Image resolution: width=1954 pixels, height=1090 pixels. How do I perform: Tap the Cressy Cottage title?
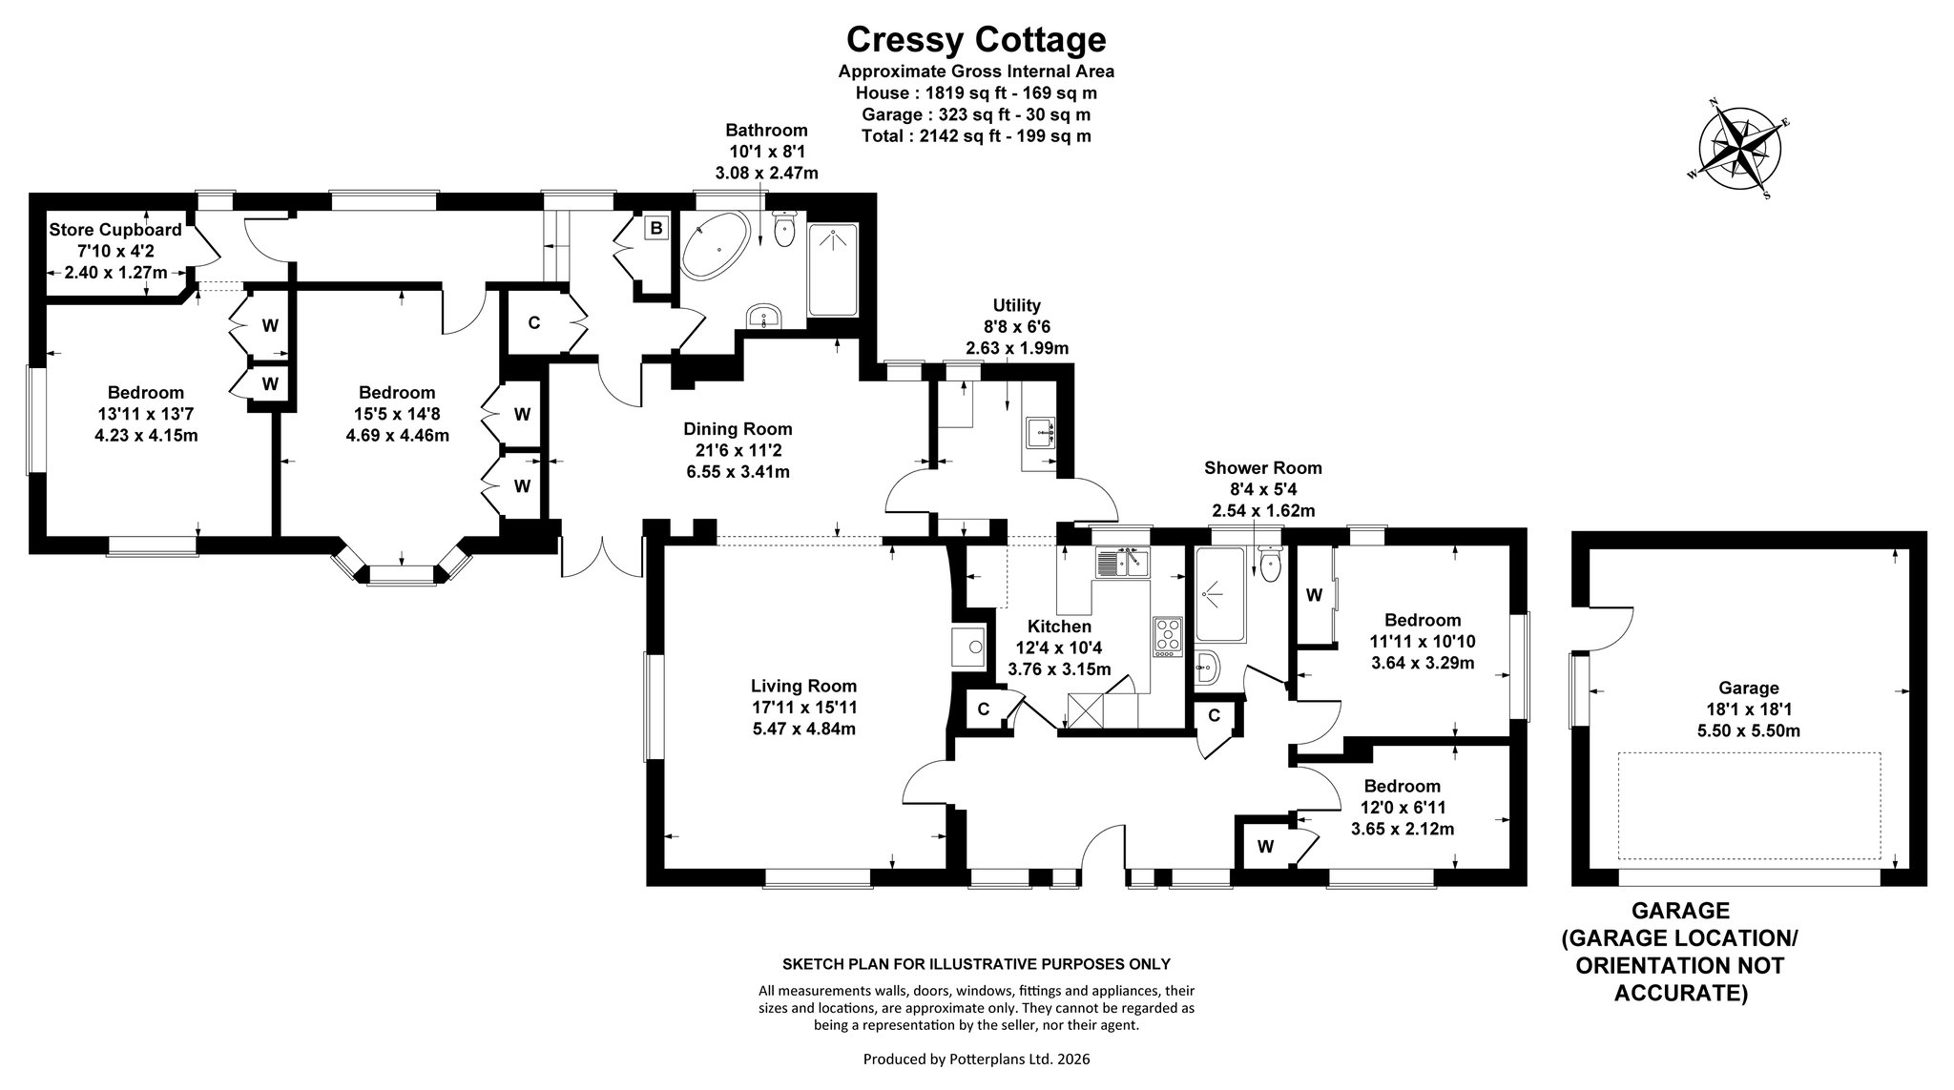[x=976, y=39]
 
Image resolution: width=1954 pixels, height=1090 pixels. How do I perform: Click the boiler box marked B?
[x=655, y=229]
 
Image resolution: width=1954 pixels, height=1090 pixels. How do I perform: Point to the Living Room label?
[x=803, y=686]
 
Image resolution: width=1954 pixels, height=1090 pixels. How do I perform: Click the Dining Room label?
[x=738, y=429]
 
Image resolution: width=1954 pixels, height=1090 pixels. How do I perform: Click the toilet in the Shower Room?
[x=1270, y=565]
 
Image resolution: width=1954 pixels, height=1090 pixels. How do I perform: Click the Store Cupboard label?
[x=114, y=230]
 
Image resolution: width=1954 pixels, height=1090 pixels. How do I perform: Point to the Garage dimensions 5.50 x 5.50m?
[x=1749, y=730]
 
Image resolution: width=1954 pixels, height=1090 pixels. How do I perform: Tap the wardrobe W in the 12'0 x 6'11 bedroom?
[x=1266, y=845]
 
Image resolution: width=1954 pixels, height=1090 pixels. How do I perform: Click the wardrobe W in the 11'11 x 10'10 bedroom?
[x=1315, y=596]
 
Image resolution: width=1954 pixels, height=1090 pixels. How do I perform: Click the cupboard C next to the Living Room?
[x=982, y=710]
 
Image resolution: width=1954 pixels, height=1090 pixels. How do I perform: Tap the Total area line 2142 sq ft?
[x=976, y=136]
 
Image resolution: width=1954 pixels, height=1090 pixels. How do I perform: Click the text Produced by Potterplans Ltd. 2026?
[x=976, y=1059]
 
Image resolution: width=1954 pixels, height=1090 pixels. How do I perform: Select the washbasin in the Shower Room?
[x=1206, y=667]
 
